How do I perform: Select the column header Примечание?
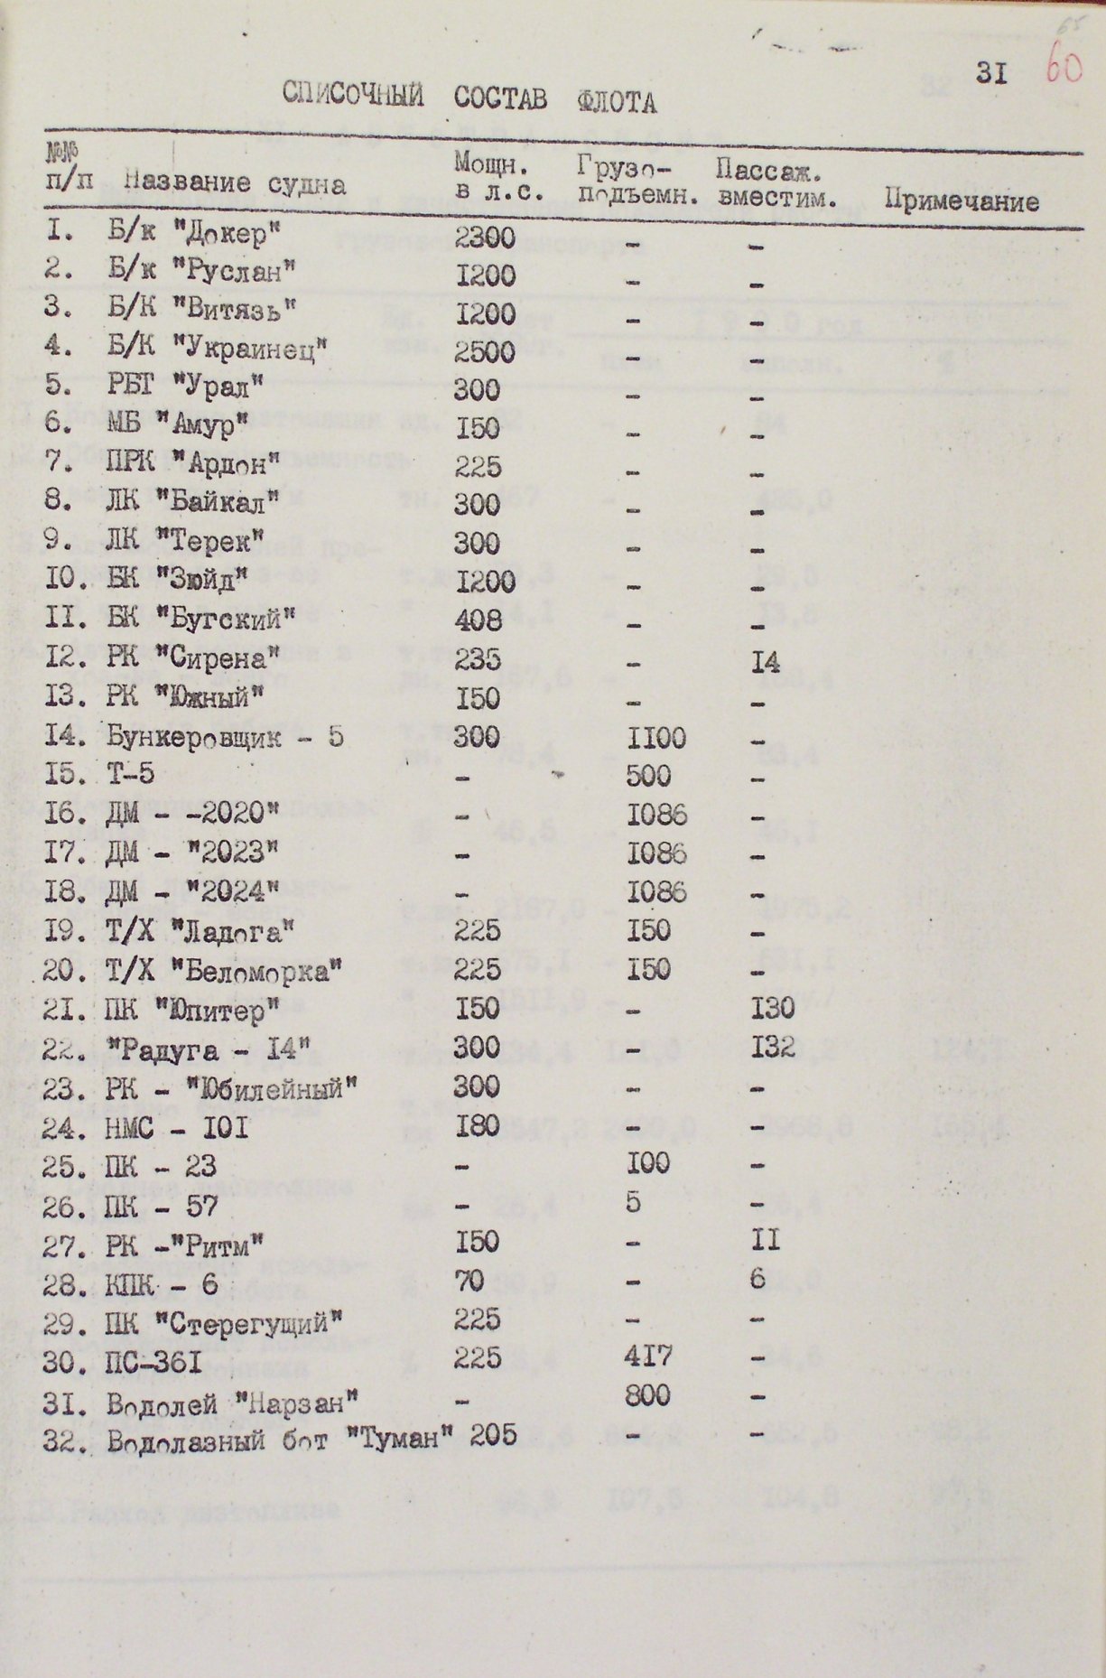point(962,200)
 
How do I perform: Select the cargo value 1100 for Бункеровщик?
point(656,738)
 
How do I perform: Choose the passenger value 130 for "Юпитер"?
point(771,1009)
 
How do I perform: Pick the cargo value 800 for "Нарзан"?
point(647,1395)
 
